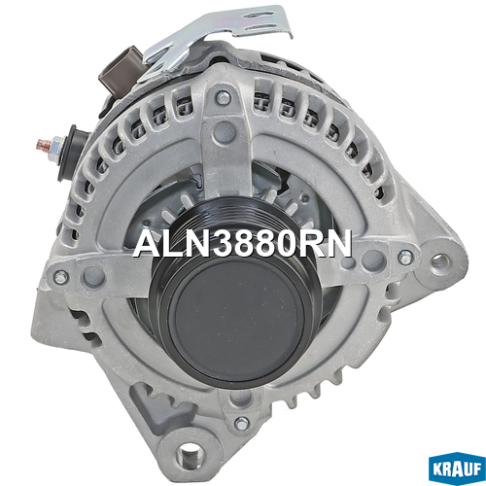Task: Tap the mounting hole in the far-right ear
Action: pyautogui.click(x=443, y=261)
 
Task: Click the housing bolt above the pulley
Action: pyautogui.click(x=224, y=98)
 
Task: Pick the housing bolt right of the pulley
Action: pyautogui.click(x=404, y=258)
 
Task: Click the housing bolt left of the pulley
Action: pyautogui.click(x=60, y=277)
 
